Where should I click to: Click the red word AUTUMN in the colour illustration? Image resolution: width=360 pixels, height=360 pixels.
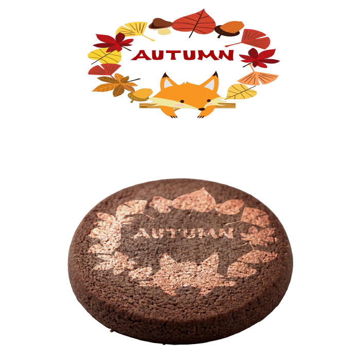pyautogui.click(x=182, y=55)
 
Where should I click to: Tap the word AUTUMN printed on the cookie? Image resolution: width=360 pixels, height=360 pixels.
pyautogui.click(x=183, y=233)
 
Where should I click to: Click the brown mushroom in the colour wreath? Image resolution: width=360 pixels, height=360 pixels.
pyautogui.click(x=160, y=26)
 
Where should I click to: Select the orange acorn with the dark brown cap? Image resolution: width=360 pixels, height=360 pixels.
pyautogui.click(x=229, y=29)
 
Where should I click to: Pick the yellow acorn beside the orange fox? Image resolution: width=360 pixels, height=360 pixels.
pyautogui.click(x=140, y=95)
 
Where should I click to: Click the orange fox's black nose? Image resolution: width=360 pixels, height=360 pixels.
pyautogui.click(x=202, y=109)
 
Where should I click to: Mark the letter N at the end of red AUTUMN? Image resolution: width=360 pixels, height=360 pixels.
pyautogui.click(x=226, y=55)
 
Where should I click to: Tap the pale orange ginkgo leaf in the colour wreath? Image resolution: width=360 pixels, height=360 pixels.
pyautogui.click(x=258, y=78)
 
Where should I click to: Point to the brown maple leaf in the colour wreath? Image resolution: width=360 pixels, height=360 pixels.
pyautogui.click(x=117, y=84)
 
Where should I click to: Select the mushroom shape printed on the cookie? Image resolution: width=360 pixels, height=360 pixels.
pyautogui.click(x=161, y=204)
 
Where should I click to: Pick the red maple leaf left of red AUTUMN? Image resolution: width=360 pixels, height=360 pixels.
pyautogui.click(x=114, y=42)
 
